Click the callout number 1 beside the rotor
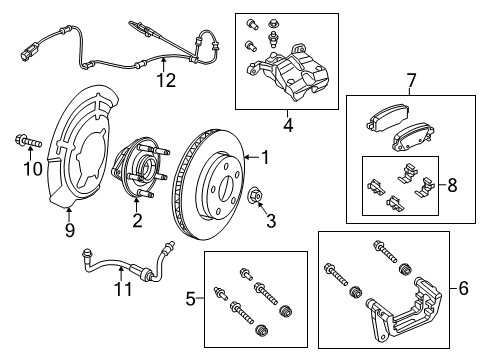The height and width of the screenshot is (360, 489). click(x=265, y=156)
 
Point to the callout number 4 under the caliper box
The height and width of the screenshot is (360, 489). click(x=288, y=126)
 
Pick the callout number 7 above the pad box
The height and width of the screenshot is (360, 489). click(x=409, y=80)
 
